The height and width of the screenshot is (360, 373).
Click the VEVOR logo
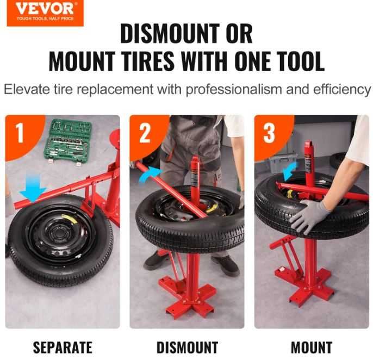(x=45, y=13)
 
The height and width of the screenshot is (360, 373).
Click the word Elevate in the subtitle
(x=27, y=89)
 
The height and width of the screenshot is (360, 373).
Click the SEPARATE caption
(x=63, y=347)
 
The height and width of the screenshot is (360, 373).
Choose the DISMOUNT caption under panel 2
(x=187, y=347)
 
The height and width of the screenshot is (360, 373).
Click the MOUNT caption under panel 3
(x=312, y=347)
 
